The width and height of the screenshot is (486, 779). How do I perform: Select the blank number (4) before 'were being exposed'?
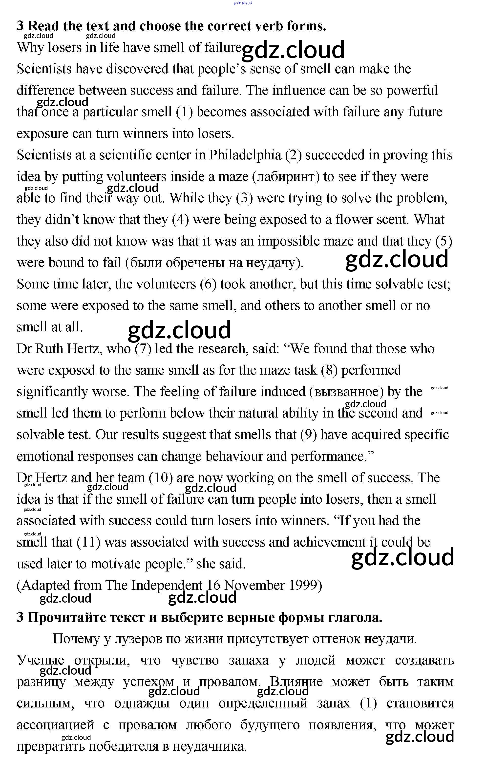181,220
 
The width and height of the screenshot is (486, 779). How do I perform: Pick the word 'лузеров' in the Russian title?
138,639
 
